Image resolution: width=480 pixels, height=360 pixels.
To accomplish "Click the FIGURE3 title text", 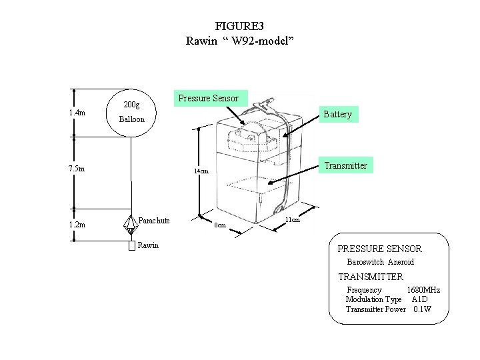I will pos(239,26).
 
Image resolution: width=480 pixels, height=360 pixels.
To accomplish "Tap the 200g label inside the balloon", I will pos(132,105).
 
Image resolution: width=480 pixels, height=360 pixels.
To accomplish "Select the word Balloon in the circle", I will pos(131,120).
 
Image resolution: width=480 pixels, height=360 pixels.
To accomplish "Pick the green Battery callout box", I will pos(337,114).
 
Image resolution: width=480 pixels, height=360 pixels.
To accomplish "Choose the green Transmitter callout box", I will pos(345,165).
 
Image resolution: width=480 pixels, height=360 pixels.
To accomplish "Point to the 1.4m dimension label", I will pos(77,113).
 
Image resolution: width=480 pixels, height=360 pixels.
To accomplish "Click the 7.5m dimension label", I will pos(77,168).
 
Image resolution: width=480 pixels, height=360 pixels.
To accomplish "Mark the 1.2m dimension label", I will pos(77,225).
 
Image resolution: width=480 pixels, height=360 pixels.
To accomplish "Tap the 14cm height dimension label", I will pos(201,171).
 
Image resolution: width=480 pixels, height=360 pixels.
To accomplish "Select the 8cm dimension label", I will pos(218,225).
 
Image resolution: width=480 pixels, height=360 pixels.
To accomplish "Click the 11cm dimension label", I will pos(292,219).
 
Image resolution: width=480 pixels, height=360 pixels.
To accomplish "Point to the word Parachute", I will pos(154,221).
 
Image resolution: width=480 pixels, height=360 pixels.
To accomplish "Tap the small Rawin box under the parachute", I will pos(132,245).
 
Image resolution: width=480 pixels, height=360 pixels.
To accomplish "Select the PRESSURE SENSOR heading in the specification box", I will pos(379,249).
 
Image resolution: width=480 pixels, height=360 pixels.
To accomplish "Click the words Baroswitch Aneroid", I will pos(380,262).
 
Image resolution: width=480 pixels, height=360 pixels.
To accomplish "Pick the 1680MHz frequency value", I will pos(423,290).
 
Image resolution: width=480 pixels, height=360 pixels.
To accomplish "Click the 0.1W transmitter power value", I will pos(423,309).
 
